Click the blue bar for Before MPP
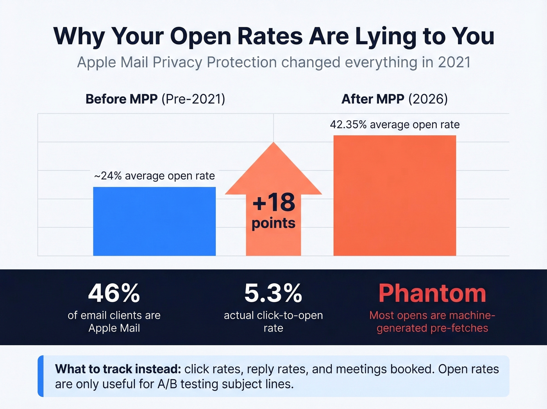click(154, 221)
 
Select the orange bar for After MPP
click(395, 196)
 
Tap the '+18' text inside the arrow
click(273, 202)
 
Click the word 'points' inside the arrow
click(273, 223)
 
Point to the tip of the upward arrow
click(273, 144)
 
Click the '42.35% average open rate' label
click(395, 124)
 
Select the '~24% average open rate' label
click(154, 176)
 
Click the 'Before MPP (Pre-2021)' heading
click(155, 99)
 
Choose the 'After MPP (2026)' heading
click(395, 99)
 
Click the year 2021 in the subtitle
click(454, 63)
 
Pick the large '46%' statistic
click(114, 293)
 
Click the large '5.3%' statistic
click(273, 293)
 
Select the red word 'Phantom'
click(432, 293)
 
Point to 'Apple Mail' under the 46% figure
click(114, 328)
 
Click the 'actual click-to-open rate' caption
click(273, 321)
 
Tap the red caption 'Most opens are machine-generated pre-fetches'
click(432, 321)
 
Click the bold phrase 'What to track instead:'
click(118, 369)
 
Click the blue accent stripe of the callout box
click(41, 376)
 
